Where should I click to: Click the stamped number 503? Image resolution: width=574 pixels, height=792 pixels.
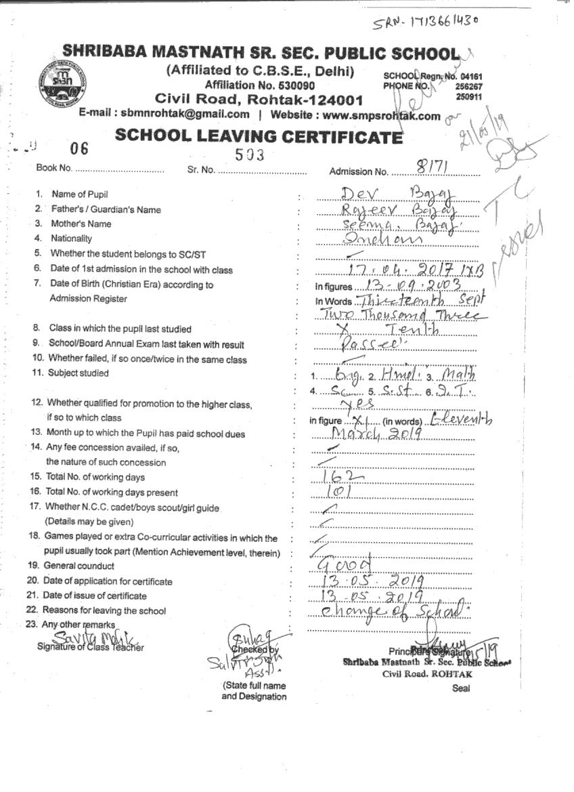pyautogui.click(x=249, y=154)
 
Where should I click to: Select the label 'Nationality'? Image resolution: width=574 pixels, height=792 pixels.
pyautogui.click(x=71, y=238)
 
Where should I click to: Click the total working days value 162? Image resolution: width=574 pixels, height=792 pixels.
pyautogui.click(x=343, y=477)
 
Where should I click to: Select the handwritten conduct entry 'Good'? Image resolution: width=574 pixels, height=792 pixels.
pyautogui.click(x=345, y=565)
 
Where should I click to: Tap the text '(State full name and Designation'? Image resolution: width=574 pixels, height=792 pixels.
pyautogui.click(x=254, y=691)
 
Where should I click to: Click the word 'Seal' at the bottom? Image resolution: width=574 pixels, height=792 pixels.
pyautogui.click(x=461, y=688)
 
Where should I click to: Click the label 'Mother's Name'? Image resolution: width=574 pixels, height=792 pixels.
pyautogui.click(x=81, y=224)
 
